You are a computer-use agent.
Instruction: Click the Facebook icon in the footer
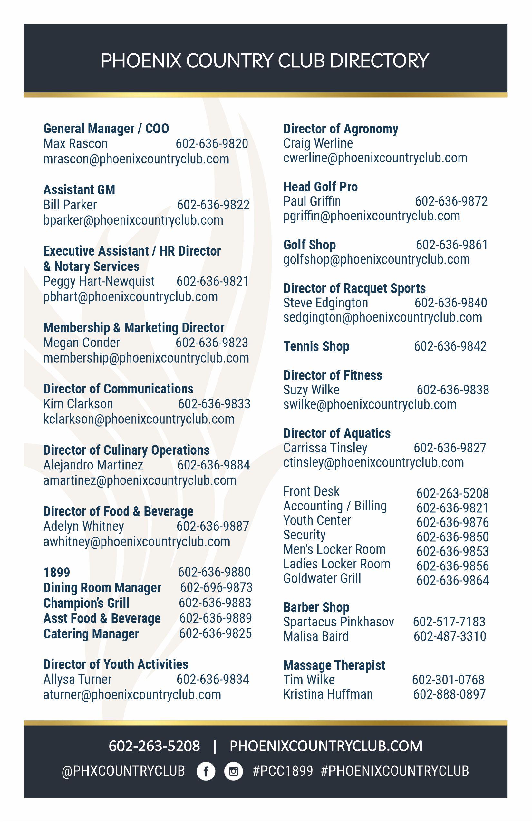pyautogui.click(x=206, y=771)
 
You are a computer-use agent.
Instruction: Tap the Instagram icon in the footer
pyautogui.click(x=234, y=771)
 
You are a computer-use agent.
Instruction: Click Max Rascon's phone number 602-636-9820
pyautogui.click(x=212, y=144)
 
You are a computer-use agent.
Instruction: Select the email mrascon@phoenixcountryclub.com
pyautogui.click(x=136, y=159)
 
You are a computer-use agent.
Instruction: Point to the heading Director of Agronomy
pyautogui.click(x=341, y=129)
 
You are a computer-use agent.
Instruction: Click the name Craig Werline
pyautogui.click(x=318, y=143)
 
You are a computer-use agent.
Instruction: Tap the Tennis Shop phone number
pyautogui.click(x=450, y=346)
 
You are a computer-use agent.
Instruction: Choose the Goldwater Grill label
pyautogui.click(x=322, y=578)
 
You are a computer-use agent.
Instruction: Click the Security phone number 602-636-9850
pyautogui.click(x=452, y=537)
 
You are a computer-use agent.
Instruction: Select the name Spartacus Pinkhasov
pyautogui.click(x=339, y=622)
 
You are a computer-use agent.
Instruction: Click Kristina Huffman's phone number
pyautogui.click(x=450, y=694)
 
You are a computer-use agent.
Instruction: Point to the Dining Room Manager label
pyautogui.click(x=102, y=587)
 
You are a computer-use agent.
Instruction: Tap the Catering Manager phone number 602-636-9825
pyautogui.click(x=215, y=633)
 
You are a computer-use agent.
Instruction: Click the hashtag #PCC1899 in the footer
pyautogui.click(x=283, y=771)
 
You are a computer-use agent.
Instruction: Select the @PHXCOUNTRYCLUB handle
pyautogui.click(x=123, y=771)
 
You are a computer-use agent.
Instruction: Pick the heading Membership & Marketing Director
pyautogui.click(x=134, y=327)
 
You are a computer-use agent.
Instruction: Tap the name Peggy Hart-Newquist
pyautogui.click(x=99, y=282)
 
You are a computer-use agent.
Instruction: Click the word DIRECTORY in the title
pyautogui.click(x=379, y=61)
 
